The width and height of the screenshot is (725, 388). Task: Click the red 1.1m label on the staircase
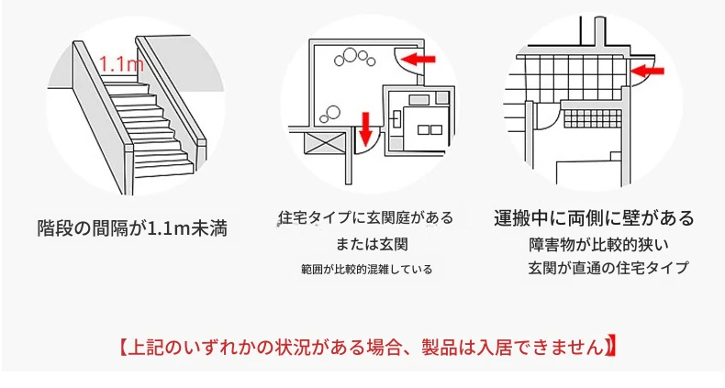click(x=121, y=64)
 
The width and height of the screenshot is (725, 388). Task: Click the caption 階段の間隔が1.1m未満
click(x=132, y=228)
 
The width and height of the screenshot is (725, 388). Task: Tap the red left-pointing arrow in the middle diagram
click(x=418, y=59)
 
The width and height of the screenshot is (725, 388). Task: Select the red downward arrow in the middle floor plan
click(x=366, y=127)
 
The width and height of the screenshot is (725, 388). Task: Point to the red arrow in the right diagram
click(x=647, y=72)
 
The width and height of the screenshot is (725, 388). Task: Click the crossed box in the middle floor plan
click(x=324, y=143)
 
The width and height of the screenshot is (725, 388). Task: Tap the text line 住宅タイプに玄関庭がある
click(x=366, y=217)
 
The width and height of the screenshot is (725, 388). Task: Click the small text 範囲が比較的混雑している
click(x=367, y=270)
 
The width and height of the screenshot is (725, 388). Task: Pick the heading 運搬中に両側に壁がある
click(x=594, y=217)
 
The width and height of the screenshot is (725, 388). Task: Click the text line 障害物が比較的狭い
click(x=598, y=244)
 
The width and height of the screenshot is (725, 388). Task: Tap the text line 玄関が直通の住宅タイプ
click(x=608, y=268)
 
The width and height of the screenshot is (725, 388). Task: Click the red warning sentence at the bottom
click(x=368, y=348)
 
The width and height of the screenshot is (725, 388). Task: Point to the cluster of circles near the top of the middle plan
click(x=354, y=57)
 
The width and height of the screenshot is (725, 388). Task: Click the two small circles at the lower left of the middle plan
click(x=330, y=114)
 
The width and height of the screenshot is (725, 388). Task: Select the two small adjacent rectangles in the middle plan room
click(x=429, y=130)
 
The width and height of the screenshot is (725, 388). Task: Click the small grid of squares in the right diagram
click(x=593, y=118)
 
